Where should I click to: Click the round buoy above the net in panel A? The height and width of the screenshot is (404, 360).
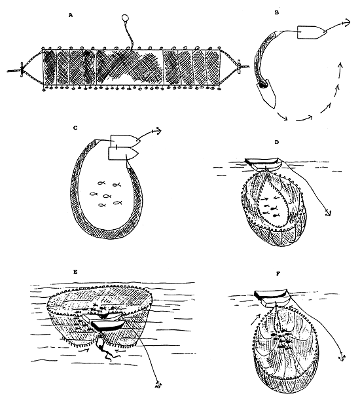pos(126,18)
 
